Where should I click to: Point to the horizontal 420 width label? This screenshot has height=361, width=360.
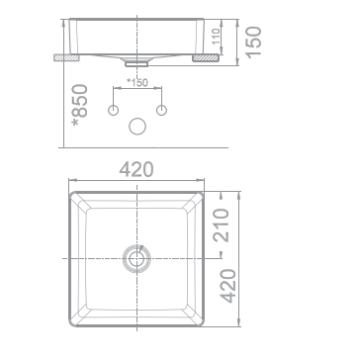pyautogui.click(x=136, y=170)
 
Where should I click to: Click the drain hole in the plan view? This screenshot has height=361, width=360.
pyautogui.click(x=137, y=259)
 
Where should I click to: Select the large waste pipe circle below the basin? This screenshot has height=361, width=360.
pyautogui.click(x=138, y=126)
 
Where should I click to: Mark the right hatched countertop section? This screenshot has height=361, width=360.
pyautogui.click(x=208, y=59)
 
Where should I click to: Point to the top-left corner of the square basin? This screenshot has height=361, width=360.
pyautogui.click(x=69, y=190)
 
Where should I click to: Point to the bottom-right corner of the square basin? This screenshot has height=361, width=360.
pyautogui.click(x=206, y=326)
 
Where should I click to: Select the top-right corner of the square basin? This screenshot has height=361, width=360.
pyautogui.click(x=206, y=190)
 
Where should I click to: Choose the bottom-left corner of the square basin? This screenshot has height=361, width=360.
pyautogui.click(x=69, y=326)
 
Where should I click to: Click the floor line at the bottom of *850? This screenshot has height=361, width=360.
pyautogui.click(x=138, y=147)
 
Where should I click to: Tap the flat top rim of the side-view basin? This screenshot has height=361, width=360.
pyautogui.click(x=138, y=18)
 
